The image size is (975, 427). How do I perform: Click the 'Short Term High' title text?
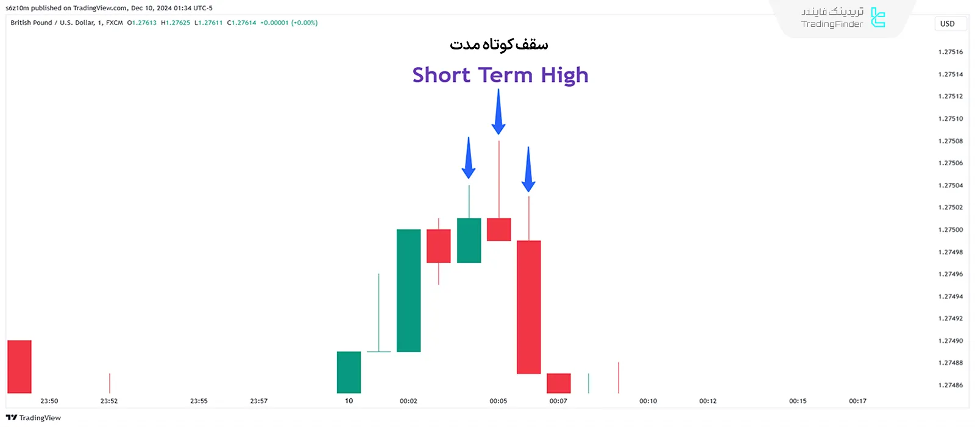click(x=500, y=75)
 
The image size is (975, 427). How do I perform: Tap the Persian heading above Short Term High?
click(x=499, y=45)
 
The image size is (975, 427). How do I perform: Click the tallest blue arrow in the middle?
click(x=498, y=112)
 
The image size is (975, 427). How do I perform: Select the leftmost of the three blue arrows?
click(x=469, y=158)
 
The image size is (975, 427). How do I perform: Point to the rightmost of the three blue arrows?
click(x=528, y=169)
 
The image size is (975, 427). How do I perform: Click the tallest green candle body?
click(x=409, y=290)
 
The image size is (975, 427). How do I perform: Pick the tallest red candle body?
click(x=529, y=307)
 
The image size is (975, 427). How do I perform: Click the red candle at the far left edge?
click(x=19, y=367)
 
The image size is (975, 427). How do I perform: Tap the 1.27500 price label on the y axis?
click(x=951, y=229)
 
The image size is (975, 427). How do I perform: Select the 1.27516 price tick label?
click(x=951, y=52)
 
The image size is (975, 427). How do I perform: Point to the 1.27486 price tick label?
click(x=951, y=385)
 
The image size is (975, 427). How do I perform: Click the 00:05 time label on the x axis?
click(x=498, y=401)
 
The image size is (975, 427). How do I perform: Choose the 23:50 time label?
click(x=49, y=401)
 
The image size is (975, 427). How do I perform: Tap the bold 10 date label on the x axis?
click(x=349, y=401)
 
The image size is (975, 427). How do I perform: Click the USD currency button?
click(x=948, y=24)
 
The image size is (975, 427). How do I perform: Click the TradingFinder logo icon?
click(x=878, y=18)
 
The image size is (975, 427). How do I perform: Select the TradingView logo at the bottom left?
click(x=34, y=418)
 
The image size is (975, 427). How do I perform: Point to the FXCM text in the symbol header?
click(x=115, y=23)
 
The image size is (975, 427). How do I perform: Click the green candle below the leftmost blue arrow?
click(x=469, y=240)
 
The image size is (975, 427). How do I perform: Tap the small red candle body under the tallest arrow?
click(x=499, y=229)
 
